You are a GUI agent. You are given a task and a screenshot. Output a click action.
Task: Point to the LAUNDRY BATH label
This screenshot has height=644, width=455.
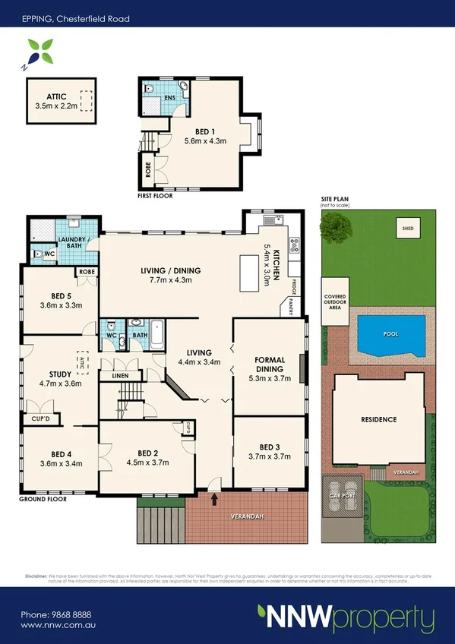[81, 244]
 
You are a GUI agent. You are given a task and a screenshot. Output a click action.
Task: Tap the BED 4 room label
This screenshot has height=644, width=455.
[61, 458]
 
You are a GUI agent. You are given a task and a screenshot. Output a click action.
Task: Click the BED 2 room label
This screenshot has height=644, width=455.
[147, 457]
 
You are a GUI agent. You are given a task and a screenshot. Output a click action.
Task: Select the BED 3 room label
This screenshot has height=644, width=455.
[270, 451]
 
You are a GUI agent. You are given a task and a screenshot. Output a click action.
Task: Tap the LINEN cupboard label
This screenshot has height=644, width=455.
[120, 376]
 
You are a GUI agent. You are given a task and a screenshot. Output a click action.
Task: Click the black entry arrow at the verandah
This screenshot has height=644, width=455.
[215, 499]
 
